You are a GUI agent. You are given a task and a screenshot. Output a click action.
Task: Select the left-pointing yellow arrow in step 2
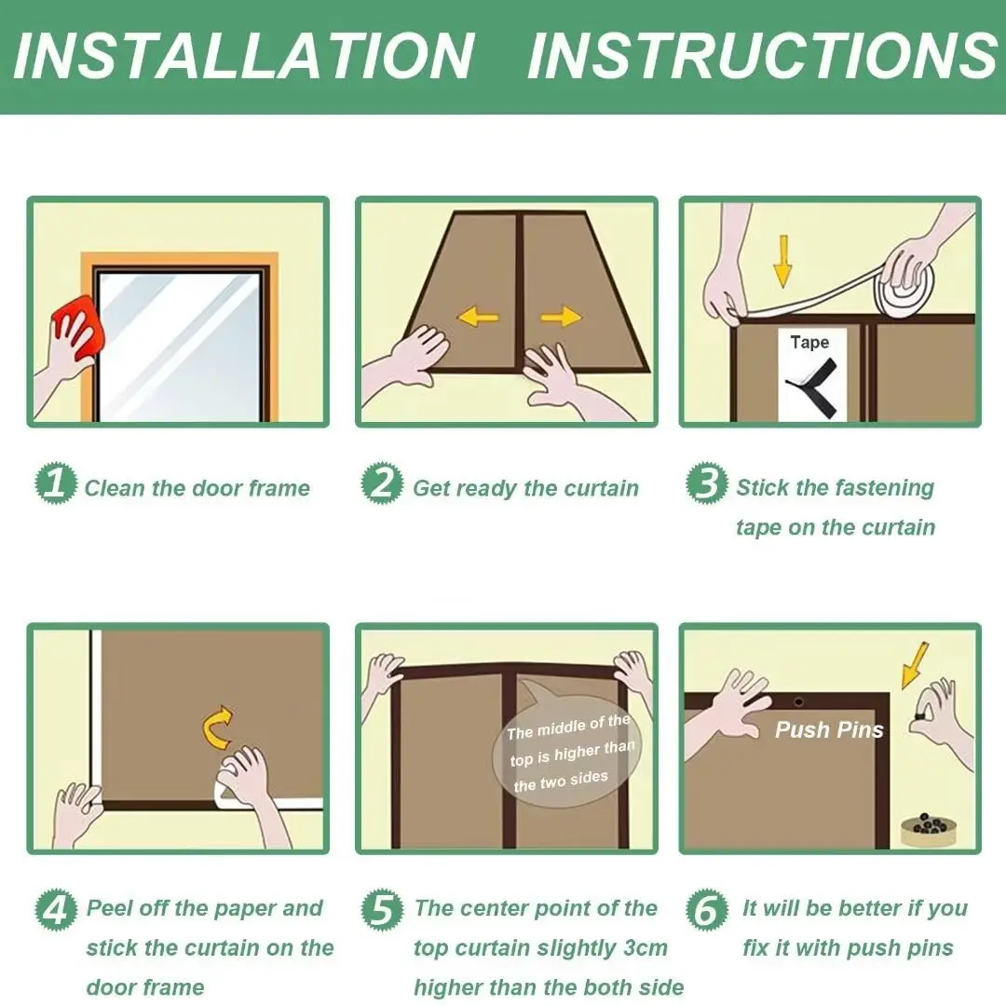[478, 318]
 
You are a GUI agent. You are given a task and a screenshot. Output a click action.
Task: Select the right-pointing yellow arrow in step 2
[561, 318]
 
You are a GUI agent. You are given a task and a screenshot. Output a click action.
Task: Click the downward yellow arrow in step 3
[783, 260]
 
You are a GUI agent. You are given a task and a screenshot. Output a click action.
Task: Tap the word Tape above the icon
[809, 343]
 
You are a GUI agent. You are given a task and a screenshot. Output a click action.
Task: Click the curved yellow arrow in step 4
[218, 728]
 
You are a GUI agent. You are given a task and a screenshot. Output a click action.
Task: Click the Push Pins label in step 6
[829, 729]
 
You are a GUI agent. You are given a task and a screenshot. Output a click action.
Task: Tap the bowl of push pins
[926, 828]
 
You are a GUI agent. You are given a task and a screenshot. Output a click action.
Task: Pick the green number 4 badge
[56, 908]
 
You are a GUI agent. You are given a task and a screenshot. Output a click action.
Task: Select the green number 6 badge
[707, 908]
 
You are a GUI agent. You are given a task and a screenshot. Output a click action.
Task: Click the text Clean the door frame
[197, 488]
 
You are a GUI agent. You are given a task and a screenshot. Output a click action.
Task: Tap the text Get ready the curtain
[525, 488]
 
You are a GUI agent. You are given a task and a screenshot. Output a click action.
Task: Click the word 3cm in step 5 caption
[642, 948]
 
